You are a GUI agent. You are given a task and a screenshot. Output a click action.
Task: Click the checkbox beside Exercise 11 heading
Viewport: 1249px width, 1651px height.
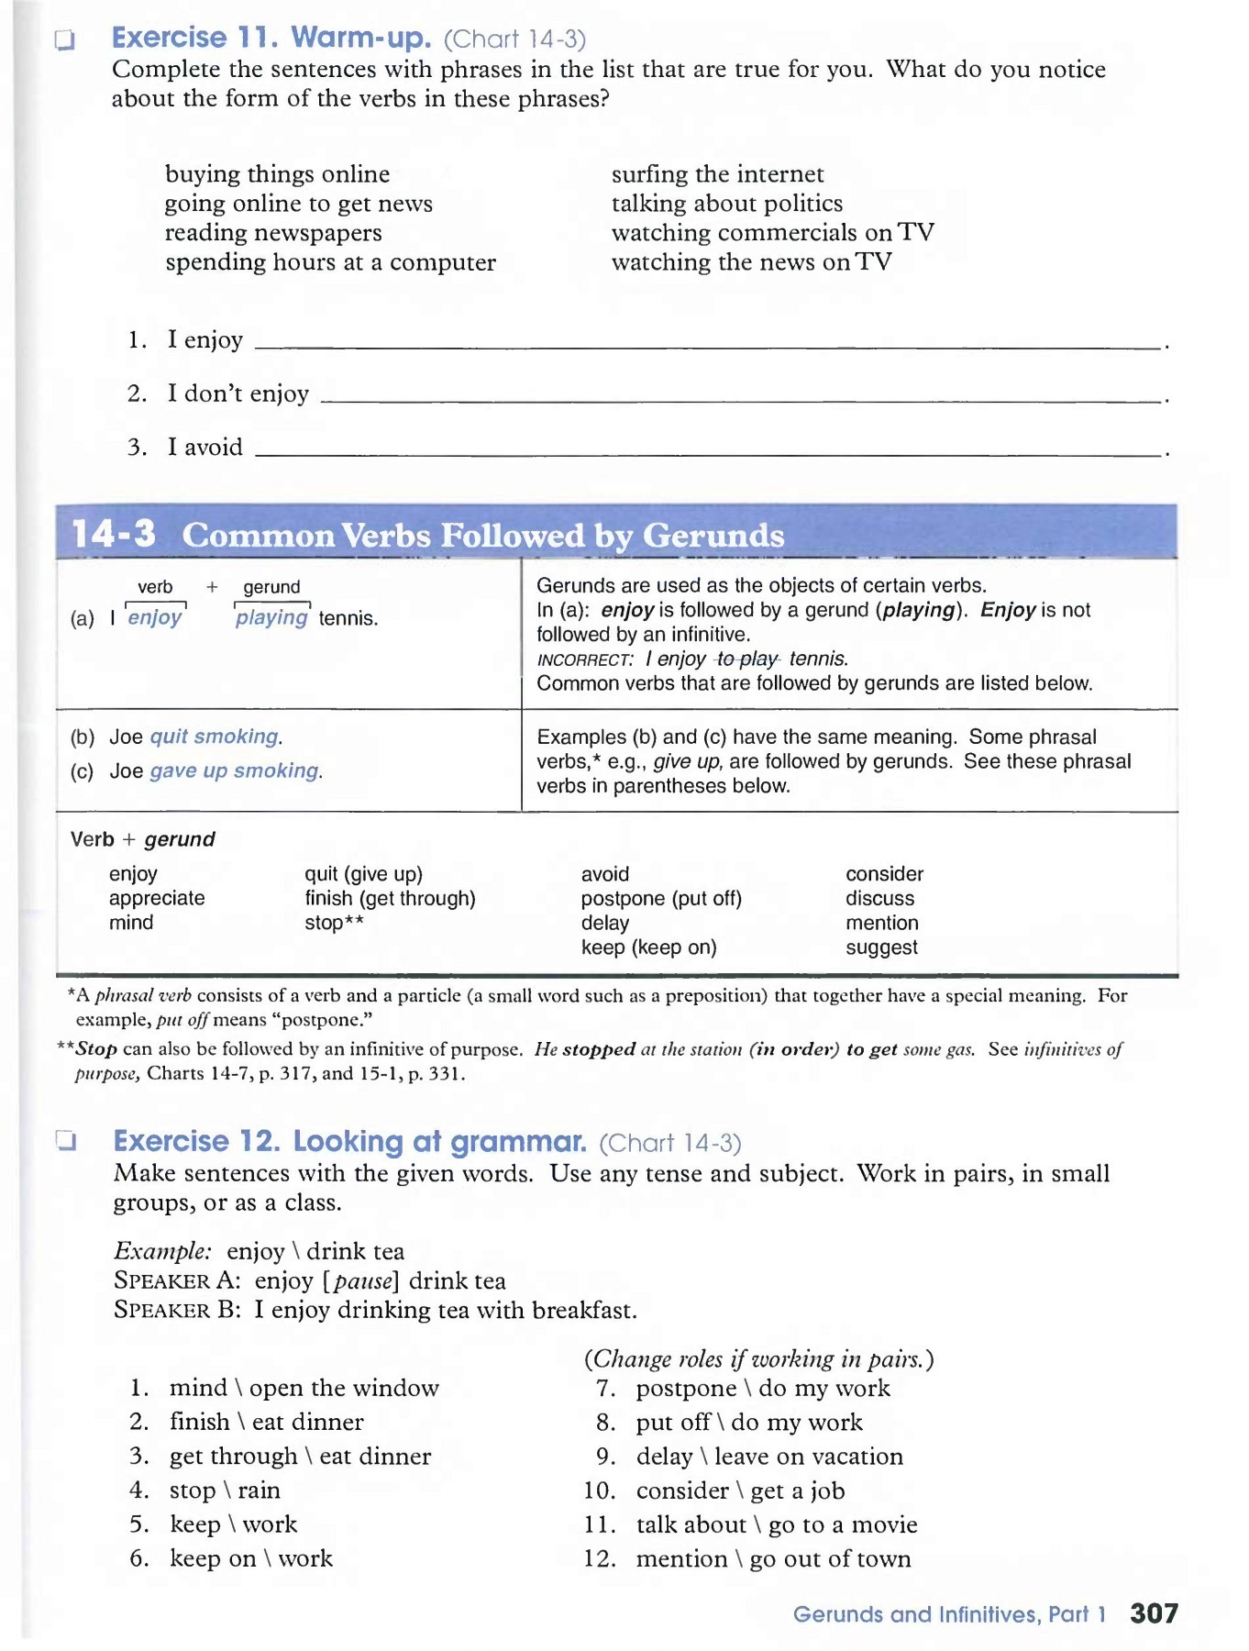[64, 39]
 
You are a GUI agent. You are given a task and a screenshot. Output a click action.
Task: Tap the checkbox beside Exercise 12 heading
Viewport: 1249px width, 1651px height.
[65, 1141]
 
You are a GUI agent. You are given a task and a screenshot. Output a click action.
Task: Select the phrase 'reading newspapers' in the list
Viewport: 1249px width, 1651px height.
[273, 233]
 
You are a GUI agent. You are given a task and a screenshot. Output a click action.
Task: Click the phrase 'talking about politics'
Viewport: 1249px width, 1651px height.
[727, 204]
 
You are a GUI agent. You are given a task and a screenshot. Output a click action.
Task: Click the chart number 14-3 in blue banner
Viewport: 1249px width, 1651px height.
[114, 534]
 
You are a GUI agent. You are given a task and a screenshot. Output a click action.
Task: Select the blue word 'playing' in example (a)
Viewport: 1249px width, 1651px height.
[271, 617]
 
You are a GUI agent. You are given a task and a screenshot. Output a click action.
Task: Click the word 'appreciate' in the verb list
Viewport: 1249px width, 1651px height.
[157, 898]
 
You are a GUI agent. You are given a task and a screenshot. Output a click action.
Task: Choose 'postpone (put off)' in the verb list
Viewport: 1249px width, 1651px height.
[661, 898]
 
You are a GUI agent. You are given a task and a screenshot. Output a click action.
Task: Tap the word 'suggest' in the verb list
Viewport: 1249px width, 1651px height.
[881, 947]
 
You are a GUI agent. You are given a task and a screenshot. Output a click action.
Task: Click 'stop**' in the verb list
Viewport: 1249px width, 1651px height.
[334, 923]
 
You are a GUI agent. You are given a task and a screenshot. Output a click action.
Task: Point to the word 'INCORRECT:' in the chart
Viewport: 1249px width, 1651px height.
[585, 659]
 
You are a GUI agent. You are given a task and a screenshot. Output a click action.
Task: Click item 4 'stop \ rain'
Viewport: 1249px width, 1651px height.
[225, 1490]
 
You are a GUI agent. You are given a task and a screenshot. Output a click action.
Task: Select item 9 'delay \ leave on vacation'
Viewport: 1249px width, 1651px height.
[769, 1456]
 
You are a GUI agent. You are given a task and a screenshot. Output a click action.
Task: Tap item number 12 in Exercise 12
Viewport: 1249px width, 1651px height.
[600, 1558]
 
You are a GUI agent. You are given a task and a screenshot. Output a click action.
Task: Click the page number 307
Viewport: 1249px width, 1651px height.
[1154, 1613]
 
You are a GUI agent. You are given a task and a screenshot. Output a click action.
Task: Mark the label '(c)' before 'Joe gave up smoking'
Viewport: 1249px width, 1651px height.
[83, 771]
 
